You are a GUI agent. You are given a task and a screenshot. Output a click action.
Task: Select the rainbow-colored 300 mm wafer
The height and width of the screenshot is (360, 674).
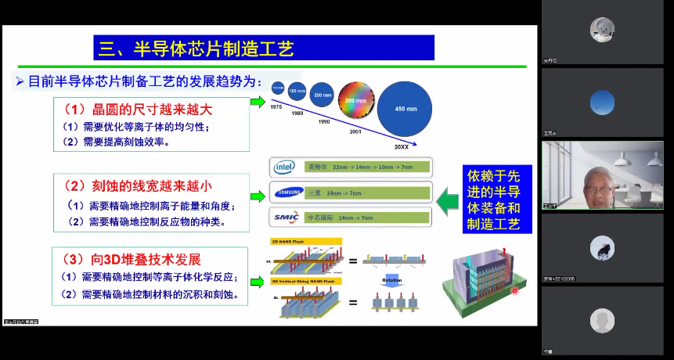pyautogui.click(x=356, y=102)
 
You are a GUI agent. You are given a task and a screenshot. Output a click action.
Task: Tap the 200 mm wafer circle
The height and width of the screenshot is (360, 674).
pyautogui.click(x=323, y=95)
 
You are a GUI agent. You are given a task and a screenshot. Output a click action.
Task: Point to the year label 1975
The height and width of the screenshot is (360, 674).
pyautogui.click(x=276, y=106)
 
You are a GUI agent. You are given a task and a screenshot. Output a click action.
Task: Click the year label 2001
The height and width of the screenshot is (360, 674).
pyautogui.click(x=355, y=131)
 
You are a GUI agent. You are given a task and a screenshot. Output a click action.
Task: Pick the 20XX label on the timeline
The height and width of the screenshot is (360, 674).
pyautogui.click(x=402, y=146)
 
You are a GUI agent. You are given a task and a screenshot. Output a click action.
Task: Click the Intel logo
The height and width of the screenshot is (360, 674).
pyautogui.click(x=283, y=167)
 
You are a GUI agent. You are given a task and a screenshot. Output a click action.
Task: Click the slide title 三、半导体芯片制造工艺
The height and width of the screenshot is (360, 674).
pyautogui.click(x=196, y=49)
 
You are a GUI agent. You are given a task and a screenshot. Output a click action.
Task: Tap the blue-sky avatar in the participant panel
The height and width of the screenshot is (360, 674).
pyautogui.click(x=602, y=101)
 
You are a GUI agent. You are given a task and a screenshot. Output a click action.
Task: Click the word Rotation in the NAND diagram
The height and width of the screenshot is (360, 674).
pyautogui.click(x=392, y=279)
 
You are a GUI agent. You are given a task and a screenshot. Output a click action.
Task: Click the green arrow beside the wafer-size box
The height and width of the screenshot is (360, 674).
pyautogui.click(x=258, y=102)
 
